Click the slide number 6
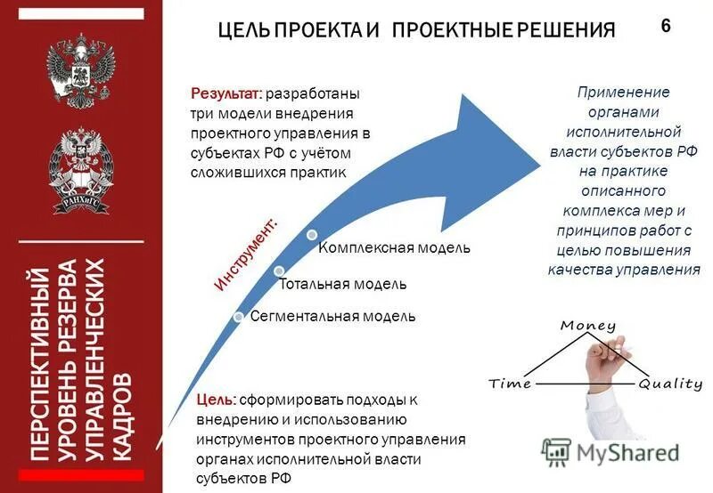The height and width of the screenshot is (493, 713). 665,25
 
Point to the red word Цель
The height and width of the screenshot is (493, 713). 217,400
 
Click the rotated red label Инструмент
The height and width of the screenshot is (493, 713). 247,254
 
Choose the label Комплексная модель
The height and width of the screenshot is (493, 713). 394,246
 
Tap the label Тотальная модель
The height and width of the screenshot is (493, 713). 343,284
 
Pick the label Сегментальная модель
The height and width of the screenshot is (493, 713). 332,316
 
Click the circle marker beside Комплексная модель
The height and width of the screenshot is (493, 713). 311,235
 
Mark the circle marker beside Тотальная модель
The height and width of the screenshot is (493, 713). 279,271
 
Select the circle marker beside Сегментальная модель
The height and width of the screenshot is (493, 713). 238,318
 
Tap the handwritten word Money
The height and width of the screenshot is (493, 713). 588,326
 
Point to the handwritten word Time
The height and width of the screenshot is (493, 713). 511,384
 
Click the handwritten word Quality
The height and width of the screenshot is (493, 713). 670,384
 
